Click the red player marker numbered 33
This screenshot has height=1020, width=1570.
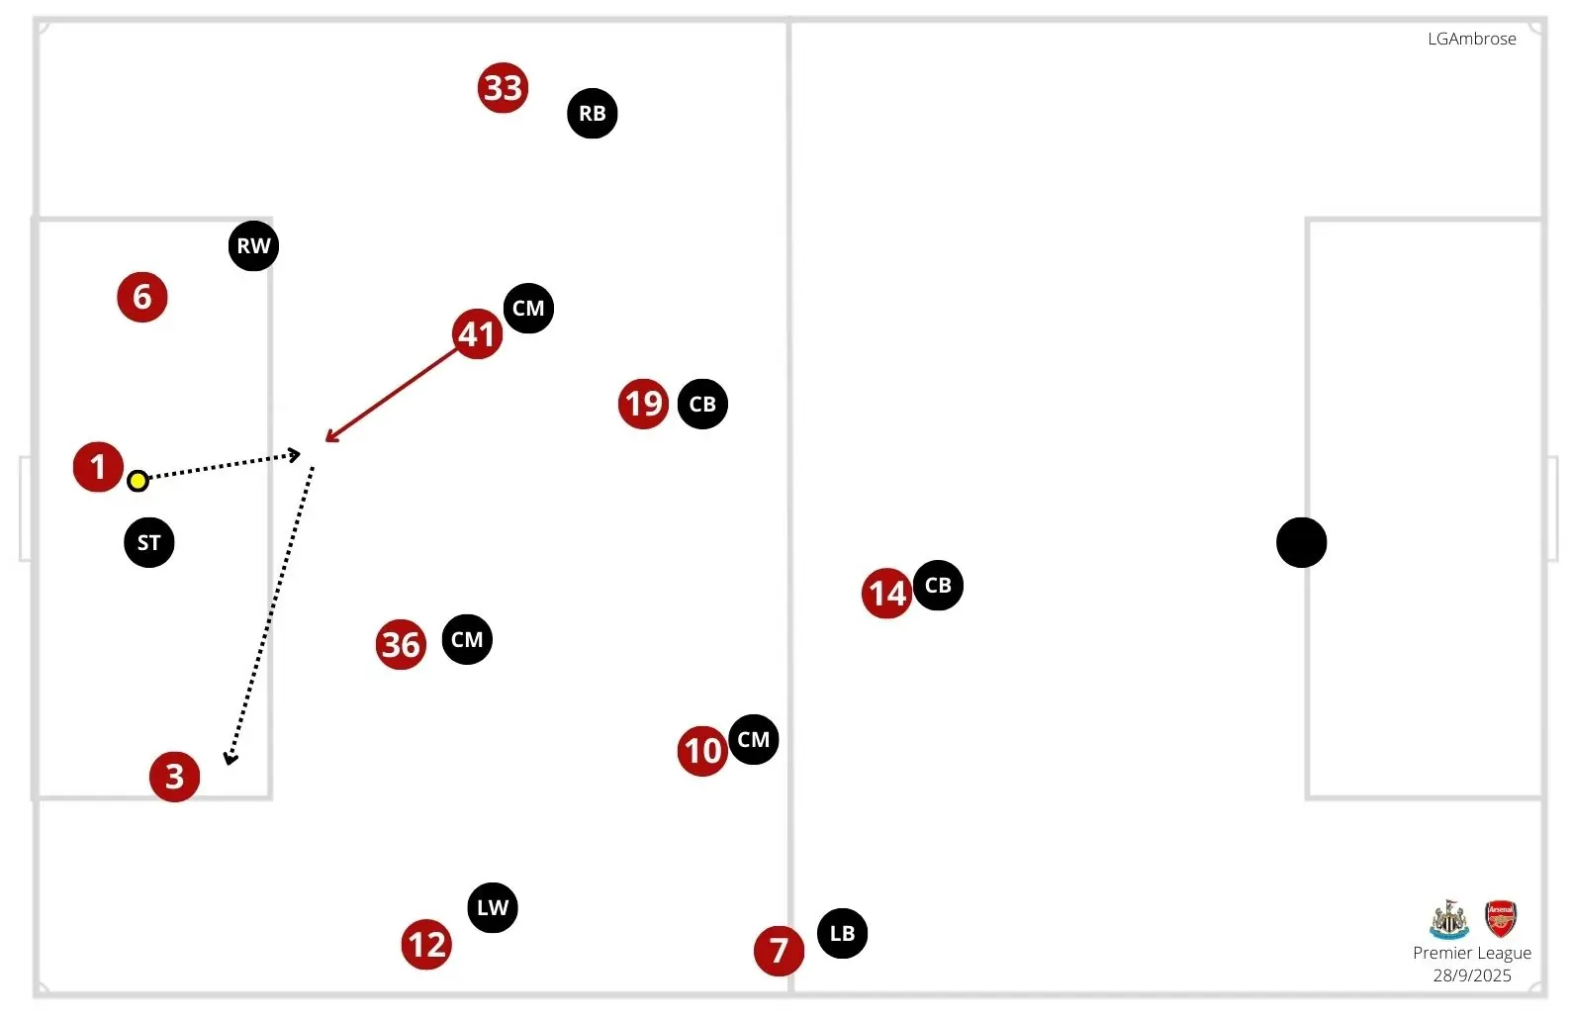[503, 88]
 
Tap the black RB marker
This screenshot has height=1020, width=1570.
[593, 113]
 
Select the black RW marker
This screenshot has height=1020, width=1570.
[253, 245]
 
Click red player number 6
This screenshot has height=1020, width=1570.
[142, 297]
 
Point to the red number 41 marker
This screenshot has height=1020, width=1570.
[477, 333]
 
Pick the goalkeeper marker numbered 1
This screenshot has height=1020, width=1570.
[98, 466]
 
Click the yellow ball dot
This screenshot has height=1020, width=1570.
[138, 481]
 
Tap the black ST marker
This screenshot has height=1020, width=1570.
[149, 542]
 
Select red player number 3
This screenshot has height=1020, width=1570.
[174, 777]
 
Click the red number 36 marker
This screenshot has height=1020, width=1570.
[401, 645]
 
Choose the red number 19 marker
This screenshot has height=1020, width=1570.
[643, 404]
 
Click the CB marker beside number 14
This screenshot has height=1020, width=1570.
[938, 585]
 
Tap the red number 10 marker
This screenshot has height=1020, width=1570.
[702, 751]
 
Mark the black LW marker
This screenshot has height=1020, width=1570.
[493, 907]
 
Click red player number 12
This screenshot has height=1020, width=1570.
[426, 945]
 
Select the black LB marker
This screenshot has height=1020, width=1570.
[842, 933]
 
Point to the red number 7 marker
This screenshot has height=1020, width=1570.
[779, 951]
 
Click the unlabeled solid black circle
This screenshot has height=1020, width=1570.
[1301, 542]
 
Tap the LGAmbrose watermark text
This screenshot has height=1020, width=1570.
[1471, 39]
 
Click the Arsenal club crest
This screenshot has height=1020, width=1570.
[1501, 919]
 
